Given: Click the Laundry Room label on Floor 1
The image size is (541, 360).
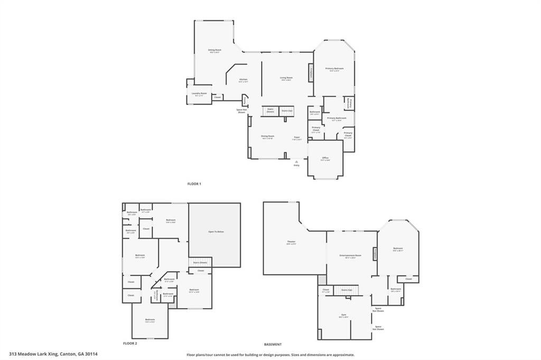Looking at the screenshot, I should [x=200, y=94].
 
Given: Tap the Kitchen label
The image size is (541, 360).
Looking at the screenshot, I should [x=243, y=80].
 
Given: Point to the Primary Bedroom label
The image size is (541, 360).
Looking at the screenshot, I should [x=334, y=69].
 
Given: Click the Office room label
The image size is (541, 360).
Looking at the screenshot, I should [x=325, y=158].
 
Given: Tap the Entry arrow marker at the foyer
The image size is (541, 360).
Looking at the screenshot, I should [x=296, y=161].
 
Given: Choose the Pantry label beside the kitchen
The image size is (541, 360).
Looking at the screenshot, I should [x=245, y=100].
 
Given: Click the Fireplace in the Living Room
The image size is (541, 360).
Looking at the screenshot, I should [x=311, y=72].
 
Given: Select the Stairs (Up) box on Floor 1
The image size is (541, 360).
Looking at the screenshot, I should [x=287, y=111].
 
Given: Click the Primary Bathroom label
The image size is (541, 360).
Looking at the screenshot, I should [x=337, y=118].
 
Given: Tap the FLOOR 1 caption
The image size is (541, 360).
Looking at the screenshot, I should [x=194, y=184].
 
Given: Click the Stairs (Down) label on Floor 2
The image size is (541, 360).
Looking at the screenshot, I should [x=200, y=262].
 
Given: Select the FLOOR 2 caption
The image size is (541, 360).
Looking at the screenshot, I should [x=130, y=343].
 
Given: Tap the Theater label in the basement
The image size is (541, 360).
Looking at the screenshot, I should [x=291, y=242].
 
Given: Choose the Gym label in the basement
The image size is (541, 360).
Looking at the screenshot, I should [x=343, y=315].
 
